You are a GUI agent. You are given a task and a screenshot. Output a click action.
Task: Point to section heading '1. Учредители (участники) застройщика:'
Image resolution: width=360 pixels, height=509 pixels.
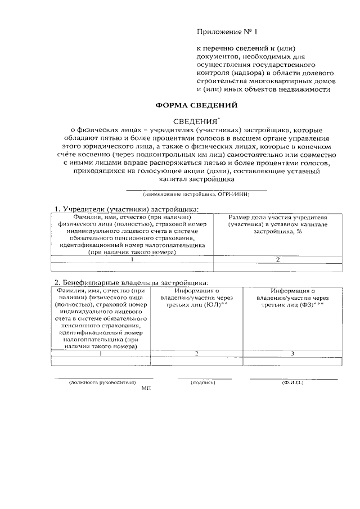127,209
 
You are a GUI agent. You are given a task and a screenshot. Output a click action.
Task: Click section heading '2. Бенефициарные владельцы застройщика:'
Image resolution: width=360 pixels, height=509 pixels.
131,282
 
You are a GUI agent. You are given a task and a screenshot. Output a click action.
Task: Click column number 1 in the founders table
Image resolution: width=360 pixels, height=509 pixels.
132,259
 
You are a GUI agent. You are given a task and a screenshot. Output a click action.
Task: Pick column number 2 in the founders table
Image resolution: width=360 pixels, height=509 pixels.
278,259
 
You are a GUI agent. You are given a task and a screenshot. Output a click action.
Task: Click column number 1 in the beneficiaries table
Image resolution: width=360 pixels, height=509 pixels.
101,353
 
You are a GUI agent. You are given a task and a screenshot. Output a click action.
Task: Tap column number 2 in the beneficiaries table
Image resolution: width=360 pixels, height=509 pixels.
196,353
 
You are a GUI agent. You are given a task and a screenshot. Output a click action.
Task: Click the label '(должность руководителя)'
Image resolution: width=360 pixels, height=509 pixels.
103,382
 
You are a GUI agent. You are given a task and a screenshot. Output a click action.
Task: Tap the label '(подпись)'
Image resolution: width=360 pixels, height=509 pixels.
203,382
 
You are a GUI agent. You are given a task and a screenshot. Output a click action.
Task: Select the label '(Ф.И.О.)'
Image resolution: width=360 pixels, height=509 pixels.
292,382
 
